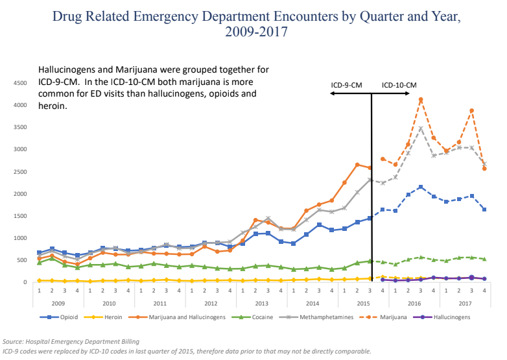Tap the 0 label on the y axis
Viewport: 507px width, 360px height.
[24, 282]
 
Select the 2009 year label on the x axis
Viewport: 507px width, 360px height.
[58, 303]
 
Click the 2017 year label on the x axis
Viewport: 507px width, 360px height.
[465, 303]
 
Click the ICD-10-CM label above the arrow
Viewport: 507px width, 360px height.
[399, 85]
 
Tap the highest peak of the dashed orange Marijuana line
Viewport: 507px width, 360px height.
[421, 99]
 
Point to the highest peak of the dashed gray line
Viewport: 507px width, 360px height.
[421, 128]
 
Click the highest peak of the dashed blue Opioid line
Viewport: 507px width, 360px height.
[421, 187]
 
